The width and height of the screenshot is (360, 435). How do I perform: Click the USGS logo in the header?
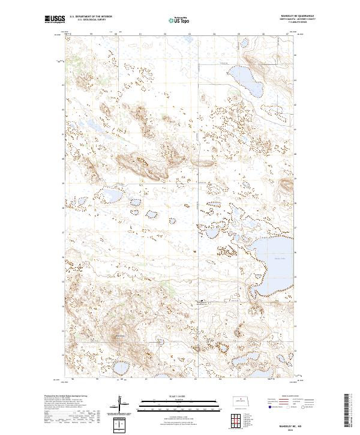point(55,20)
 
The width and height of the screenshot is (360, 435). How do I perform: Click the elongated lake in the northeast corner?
point(246,81)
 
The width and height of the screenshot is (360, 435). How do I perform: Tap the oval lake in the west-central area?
point(112,196)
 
